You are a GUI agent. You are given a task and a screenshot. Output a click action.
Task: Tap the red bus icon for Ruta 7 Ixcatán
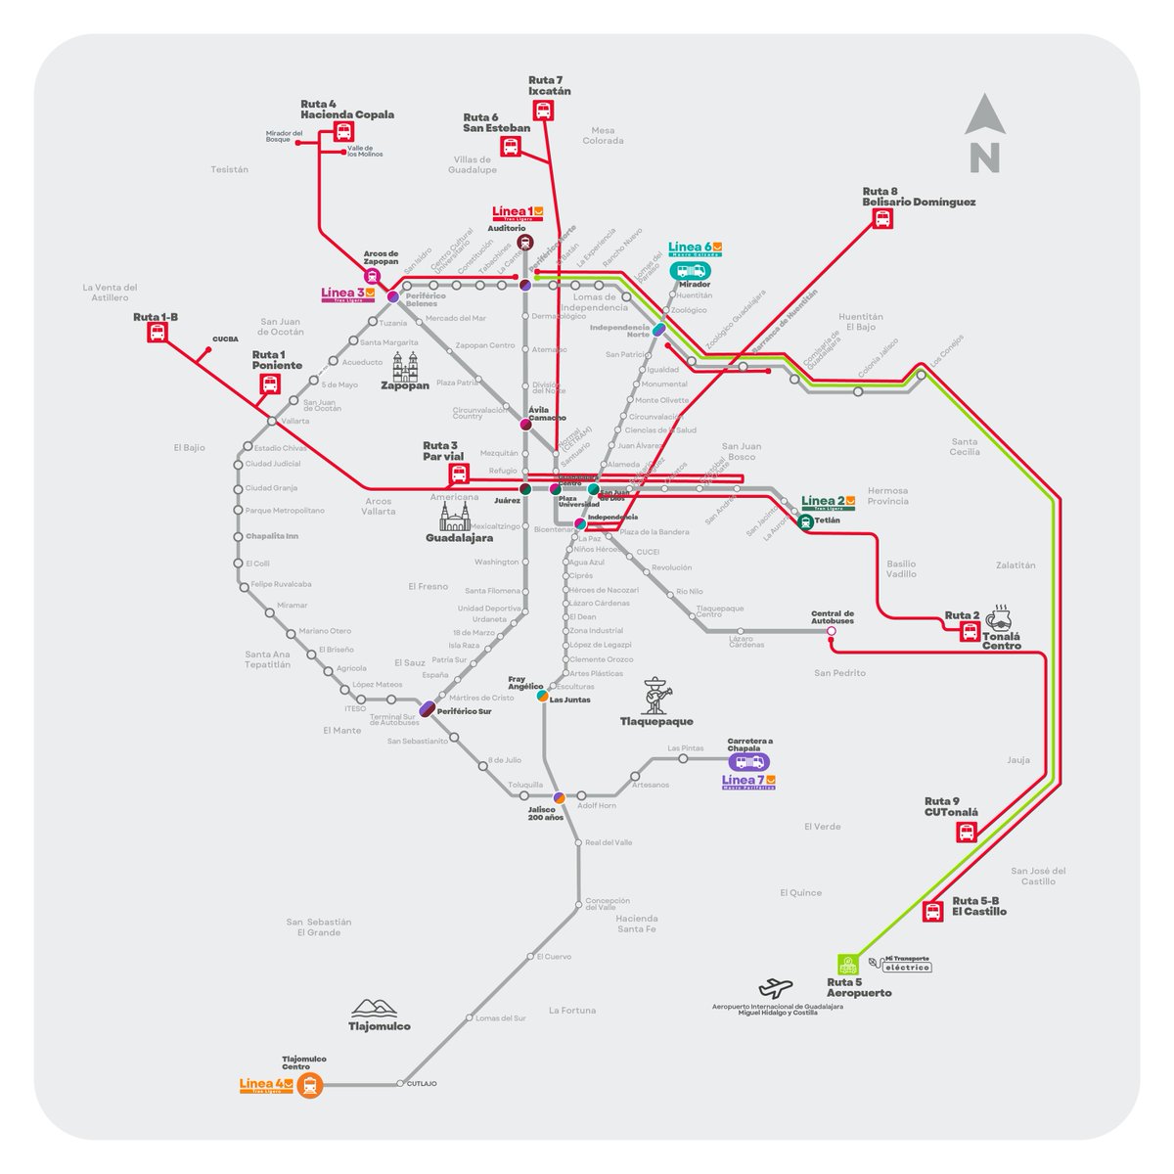coord(543,111)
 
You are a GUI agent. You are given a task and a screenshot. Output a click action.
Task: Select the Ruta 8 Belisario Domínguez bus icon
coord(883,220)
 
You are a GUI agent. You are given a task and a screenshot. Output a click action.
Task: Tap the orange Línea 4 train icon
coord(310,1084)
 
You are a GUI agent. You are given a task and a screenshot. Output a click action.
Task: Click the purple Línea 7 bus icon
coord(749,762)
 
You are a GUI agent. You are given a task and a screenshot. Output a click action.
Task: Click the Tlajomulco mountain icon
coord(378,1008)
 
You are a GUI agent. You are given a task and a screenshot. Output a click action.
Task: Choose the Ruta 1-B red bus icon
coord(157,333)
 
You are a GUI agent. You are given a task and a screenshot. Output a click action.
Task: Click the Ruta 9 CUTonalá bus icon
coord(966,833)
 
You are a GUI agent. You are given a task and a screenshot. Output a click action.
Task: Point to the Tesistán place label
coord(230,169)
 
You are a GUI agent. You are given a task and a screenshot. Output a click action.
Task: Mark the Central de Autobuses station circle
coord(832,632)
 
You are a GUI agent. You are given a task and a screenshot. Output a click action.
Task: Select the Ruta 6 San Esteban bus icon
coord(510,147)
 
